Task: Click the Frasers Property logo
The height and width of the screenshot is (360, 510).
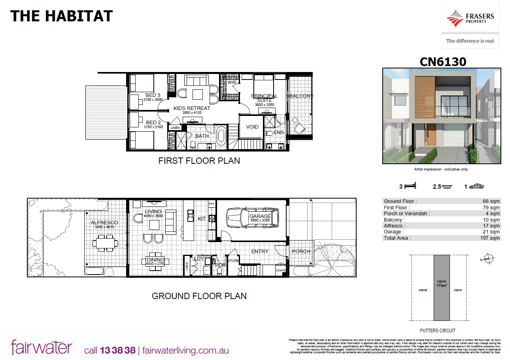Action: [x=470, y=19]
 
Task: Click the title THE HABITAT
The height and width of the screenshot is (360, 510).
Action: [x=61, y=16]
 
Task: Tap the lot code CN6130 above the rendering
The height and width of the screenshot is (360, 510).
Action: [x=443, y=62]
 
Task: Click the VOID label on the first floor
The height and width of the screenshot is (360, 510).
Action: [x=252, y=127]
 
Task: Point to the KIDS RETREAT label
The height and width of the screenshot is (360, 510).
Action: [x=192, y=108]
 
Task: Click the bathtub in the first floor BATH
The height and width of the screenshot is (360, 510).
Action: [x=221, y=136]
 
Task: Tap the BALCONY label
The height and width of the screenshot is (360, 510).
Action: [x=301, y=96]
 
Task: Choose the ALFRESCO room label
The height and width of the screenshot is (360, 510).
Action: [x=104, y=223]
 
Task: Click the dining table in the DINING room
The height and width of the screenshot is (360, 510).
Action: [x=155, y=261]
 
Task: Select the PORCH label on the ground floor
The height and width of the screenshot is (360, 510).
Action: [x=301, y=252]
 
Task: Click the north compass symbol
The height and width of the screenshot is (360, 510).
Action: [x=489, y=259]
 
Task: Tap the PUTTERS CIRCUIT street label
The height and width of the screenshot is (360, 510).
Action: [x=438, y=331]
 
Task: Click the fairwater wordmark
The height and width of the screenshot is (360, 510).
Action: [x=42, y=347]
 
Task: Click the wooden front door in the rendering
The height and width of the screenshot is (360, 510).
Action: [x=431, y=139]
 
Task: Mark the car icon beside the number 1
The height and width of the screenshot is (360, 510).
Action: [x=476, y=187]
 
